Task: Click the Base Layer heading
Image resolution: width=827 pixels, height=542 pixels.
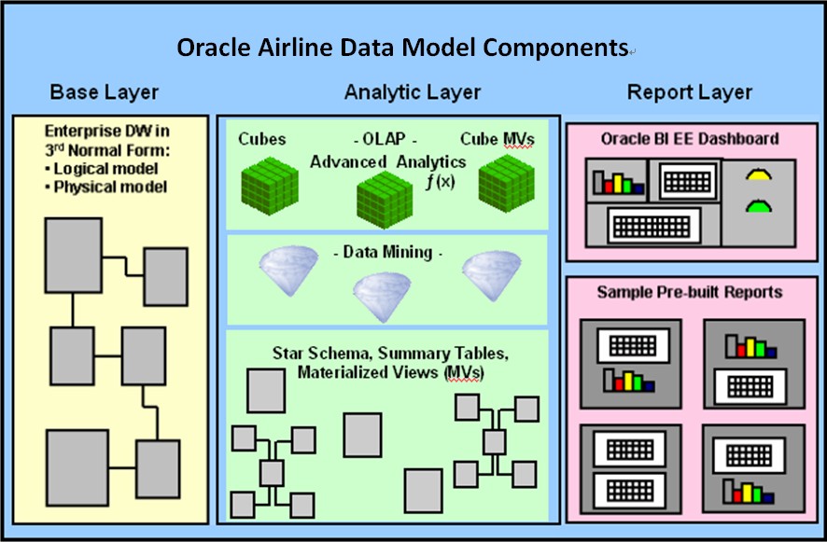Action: click(x=104, y=92)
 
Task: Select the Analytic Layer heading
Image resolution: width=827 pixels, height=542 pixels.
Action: click(x=413, y=92)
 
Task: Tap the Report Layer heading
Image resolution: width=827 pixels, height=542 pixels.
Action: click(x=690, y=92)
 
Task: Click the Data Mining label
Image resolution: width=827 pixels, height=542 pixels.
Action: click(x=386, y=253)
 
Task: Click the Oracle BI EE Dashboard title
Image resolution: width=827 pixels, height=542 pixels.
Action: click(x=690, y=139)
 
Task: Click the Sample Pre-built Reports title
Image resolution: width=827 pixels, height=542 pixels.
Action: click(x=690, y=292)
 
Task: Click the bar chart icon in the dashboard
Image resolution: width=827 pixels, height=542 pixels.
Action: click(x=618, y=183)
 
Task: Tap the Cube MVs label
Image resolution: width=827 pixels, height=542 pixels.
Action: click(x=498, y=139)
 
